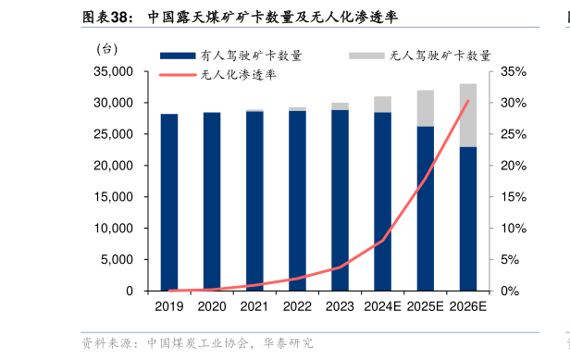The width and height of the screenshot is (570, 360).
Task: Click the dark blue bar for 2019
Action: [x=168, y=202]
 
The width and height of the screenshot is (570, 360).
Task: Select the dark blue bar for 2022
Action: [x=297, y=201]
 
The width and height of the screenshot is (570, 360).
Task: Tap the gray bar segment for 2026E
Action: [x=468, y=115]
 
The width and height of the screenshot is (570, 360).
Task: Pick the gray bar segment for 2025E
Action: [x=426, y=107]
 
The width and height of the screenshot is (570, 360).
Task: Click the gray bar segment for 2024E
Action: [x=382, y=104]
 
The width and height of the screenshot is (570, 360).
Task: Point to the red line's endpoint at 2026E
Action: [x=468, y=100]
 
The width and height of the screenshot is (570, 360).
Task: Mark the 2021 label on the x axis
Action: [x=254, y=306]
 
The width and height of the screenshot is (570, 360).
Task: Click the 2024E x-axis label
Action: [x=382, y=306]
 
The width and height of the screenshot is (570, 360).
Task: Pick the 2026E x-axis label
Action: [x=468, y=306]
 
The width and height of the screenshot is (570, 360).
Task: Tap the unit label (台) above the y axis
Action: [x=106, y=48]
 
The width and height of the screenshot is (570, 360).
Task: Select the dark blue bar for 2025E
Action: [x=426, y=208]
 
